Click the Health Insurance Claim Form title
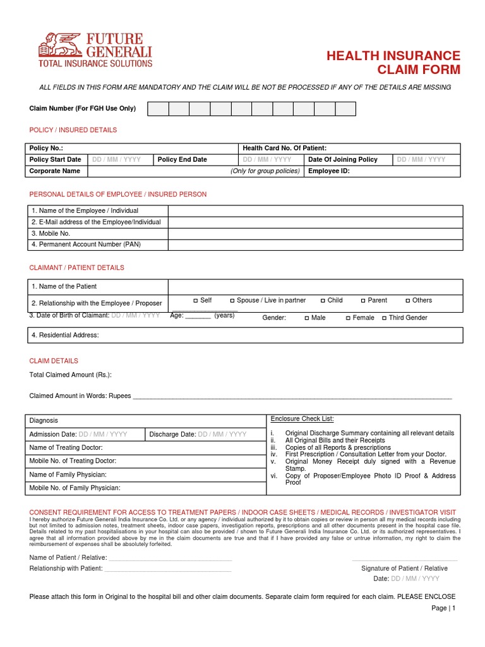coord(393,63)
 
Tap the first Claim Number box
coord(158,109)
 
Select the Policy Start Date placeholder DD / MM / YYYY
coord(116,160)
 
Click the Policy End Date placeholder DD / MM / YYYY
coord(267,160)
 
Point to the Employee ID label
coord(329,171)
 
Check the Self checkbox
coord(196,301)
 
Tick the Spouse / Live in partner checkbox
coord(232,301)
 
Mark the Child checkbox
coord(323,301)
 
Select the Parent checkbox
coord(363,301)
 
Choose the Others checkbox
coord(408,301)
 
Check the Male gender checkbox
coord(307,318)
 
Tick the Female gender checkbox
coord(348,318)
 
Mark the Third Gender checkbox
coord(384,318)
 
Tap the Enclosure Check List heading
coord(302,419)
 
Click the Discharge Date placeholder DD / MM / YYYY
coord(222,434)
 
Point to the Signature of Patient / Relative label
coord(404,568)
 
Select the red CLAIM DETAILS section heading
coord(54,361)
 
